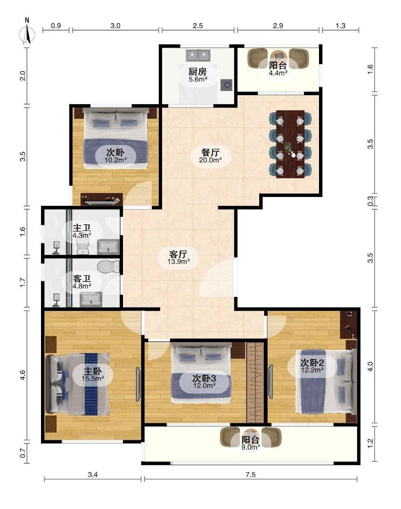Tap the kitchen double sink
[x=197, y=56]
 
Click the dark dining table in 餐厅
[x=290, y=144]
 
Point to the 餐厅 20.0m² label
[x=210, y=155]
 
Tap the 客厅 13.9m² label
[x=179, y=257]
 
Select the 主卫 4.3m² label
[x=82, y=230]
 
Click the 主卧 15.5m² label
[x=93, y=374]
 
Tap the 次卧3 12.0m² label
[x=205, y=381]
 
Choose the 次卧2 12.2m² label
[x=312, y=365]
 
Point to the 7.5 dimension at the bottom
[x=251, y=475]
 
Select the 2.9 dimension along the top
[x=278, y=25]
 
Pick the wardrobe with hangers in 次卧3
[x=255, y=382]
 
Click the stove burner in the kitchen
[x=227, y=85]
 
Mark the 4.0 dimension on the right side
[x=370, y=367]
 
